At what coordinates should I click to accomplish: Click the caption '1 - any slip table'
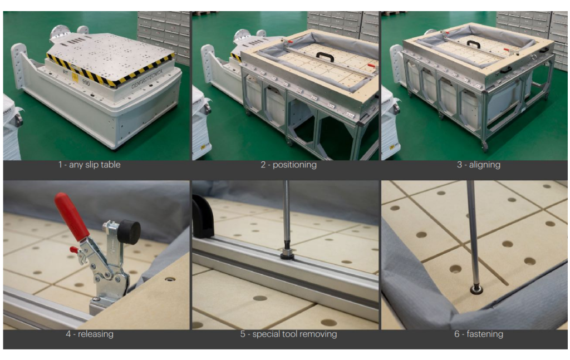pyautogui.click(x=90, y=165)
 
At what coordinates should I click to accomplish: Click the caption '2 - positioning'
pyautogui.click(x=289, y=165)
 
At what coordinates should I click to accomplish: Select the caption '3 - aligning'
pyautogui.click(x=478, y=165)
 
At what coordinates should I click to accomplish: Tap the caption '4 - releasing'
pyautogui.click(x=90, y=334)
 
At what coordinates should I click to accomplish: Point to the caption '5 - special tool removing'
pyautogui.click(x=288, y=334)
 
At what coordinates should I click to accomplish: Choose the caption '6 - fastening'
pyautogui.click(x=478, y=334)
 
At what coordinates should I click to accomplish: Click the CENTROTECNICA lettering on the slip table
pyautogui.click(x=147, y=79)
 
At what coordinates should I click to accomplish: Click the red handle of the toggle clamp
pyautogui.click(x=71, y=216)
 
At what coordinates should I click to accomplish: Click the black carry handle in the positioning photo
pyautogui.click(x=325, y=56)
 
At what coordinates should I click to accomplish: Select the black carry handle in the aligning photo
pyautogui.click(x=473, y=43)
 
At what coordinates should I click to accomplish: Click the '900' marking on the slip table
pyautogui.click(x=85, y=82)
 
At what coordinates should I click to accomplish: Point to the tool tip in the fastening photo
pyautogui.click(x=475, y=289)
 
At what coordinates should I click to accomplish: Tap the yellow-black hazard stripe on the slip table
pyautogui.click(x=109, y=71)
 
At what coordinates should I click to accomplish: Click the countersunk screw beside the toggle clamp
pyautogui.click(x=169, y=279)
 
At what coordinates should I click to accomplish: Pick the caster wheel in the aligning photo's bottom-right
pyautogui.click(x=484, y=146)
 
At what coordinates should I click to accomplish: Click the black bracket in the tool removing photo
pyautogui.click(x=201, y=215)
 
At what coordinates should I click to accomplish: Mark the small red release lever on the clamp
pyautogui.click(x=74, y=250)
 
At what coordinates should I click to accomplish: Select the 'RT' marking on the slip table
pyautogui.click(x=66, y=72)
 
